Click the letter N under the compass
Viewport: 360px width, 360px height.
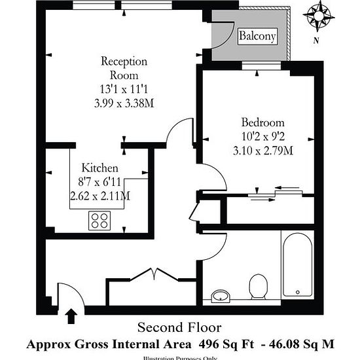click(317, 41)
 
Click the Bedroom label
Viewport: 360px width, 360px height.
click(262, 122)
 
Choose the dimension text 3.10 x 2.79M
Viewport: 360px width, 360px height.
click(262, 151)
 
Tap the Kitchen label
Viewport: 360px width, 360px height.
click(99, 168)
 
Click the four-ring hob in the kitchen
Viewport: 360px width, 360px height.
click(100, 221)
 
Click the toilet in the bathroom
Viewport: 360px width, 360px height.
click(261, 285)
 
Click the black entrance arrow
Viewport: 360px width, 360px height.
click(71, 317)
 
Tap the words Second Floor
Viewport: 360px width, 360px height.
click(179, 327)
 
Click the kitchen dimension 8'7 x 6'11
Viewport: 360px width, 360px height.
click(99, 181)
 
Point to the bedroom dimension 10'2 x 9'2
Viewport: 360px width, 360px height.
click(262, 137)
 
